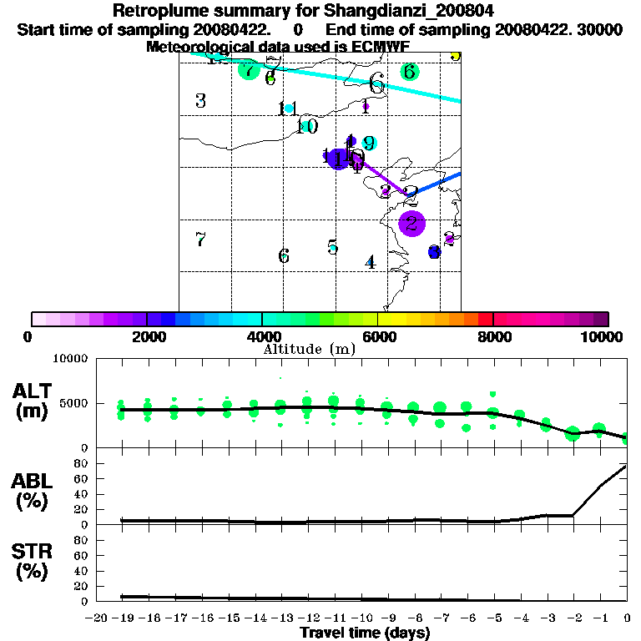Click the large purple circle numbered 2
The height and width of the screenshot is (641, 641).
[412, 223]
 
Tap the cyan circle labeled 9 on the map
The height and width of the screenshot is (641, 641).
[369, 144]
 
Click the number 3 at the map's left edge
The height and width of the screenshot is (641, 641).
[200, 102]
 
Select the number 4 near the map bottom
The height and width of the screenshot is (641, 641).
[371, 262]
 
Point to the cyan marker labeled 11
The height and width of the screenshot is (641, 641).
[290, 109]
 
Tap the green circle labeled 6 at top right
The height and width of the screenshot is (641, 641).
[409, 72]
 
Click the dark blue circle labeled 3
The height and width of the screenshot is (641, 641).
[434, 252]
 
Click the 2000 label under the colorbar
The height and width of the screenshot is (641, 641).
[147, 336]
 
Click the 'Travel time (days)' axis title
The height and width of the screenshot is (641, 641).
[365, 633]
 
